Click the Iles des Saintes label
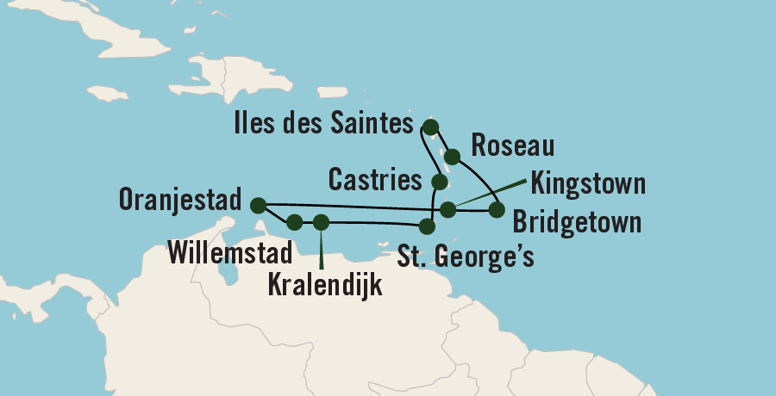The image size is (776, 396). pos(322,125)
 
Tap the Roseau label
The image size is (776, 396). pos(500,145)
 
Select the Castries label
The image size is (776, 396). pos(375,181)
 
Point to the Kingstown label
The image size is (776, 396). pos(589,183)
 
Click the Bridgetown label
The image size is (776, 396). pos(577,223)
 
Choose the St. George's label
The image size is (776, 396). pos(466,256)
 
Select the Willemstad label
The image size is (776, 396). pos(229,251)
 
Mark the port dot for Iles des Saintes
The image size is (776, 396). pos(431,127)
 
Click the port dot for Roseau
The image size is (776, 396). pos(452,157)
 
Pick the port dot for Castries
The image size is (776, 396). pos(440,183)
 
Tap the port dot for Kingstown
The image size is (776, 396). pos(447,209)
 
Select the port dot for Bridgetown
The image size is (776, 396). pos(496,209)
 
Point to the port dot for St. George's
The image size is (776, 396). pos(426,226)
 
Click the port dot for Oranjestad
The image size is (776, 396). pos(257,205)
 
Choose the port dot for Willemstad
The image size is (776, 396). pos(294,222)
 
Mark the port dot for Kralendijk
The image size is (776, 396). pos(322,222)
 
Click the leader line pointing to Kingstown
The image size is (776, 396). pos(491,194)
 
